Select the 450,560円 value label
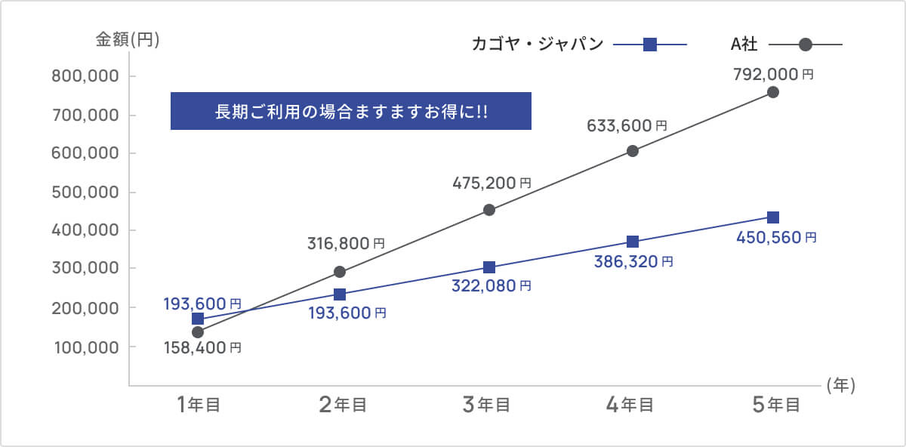(776, 237)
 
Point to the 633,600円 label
(627, 126)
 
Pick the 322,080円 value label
(491, 286)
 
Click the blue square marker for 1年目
(198, 319)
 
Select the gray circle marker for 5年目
(773, 92)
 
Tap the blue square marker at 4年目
(633, 242)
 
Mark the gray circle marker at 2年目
(340, 272)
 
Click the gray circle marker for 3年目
(489, 210)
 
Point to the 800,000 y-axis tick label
(85, 76)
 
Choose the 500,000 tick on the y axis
(85, 192)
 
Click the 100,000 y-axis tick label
(85, 347)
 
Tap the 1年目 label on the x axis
(199, 405)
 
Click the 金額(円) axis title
(127, 40)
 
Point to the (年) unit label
(840, 386)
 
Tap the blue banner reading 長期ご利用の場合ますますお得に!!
(351, 111)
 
